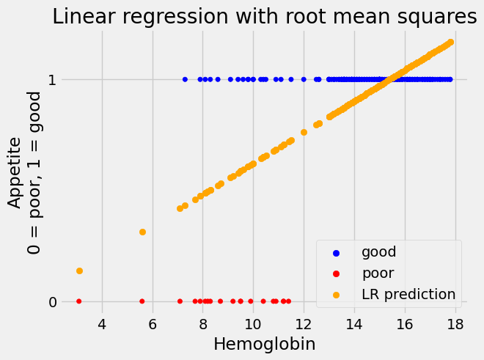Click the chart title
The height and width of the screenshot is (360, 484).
pyautogui.click(x=265, y=18)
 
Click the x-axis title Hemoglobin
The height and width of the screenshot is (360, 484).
pyautogui.click(x=264, y=344)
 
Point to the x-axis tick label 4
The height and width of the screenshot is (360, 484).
pyautogui.click(x=102, y=323)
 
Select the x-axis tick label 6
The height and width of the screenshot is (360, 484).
pyautogui.click(x=153, y=323)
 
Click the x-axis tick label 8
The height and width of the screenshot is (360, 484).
pyautogui.click(x=203, y=323)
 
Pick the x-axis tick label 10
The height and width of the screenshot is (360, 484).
pyautogui.click(x=253, y=323)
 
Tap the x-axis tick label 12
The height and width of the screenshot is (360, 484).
pyautogui.click(x=304, y=323)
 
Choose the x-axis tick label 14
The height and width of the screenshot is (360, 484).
pyautogui.click(x=354, y=323)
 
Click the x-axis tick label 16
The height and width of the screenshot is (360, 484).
pyautogui.click(x=405, y=323)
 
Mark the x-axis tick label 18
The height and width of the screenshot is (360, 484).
pyautogui.click(x=455, y=323)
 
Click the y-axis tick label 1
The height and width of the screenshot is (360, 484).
pyautogui.click(x=51, y=79)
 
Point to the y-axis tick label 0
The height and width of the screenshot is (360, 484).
pyautogui.click(x=51, y=301)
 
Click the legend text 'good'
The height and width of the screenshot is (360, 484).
pyautogui.click(x=378, y=252)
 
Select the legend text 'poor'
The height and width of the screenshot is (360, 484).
pyautogui.click(x=378, y=273)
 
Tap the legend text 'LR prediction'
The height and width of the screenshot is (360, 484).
pyautogui.click(x=408, y=295)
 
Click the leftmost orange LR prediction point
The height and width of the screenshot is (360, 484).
pyautogui.click(x=79, y=271)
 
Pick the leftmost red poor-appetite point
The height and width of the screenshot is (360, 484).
pyautogui.click(x=79, y=301)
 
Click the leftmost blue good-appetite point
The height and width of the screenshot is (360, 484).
pyautogui.click(x=185, y=79)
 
